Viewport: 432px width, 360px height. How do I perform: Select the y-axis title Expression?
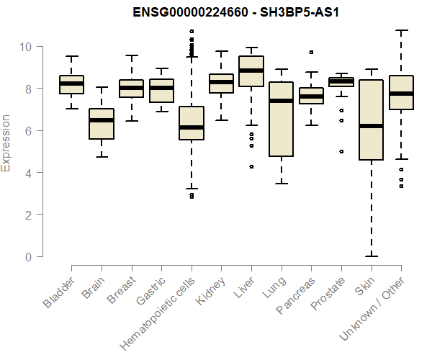point(6,143)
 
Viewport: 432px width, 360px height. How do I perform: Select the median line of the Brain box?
point(102,120)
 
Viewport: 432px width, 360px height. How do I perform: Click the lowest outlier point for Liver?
point(251,166)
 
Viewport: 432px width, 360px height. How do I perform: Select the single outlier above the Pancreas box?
point(311,53)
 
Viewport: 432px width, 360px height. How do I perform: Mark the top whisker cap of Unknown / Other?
point(400,31)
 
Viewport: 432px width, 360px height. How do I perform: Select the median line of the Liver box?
point(251,71)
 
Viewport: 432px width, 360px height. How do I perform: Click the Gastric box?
point(161,91)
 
